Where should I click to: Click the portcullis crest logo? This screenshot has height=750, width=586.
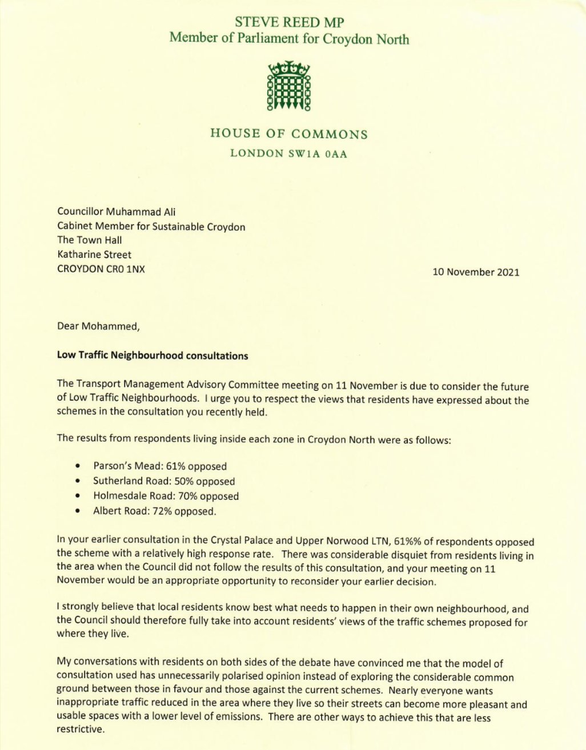click(x=289, y=86)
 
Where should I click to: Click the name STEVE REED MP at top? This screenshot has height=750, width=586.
click(x=290, y=23)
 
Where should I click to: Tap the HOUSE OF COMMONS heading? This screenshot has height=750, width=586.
click(x=289, y=134)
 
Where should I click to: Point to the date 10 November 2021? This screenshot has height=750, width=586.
click(x=476, y=272)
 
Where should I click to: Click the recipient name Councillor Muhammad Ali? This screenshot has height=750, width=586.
click(x=116, y=212)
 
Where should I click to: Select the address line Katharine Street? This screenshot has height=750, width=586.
click(x=94, y=255)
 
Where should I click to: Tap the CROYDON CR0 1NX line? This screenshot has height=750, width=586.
click(x=101, y=269)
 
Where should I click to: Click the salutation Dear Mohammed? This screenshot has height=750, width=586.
click(x=98, y=327)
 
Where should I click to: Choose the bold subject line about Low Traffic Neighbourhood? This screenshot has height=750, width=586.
click(x=152, y=356)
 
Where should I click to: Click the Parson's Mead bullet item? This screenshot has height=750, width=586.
click(x=160, y=466)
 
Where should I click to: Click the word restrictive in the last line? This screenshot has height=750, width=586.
click(x=80, y=730)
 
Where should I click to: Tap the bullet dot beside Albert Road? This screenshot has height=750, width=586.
click(x=77, y=511)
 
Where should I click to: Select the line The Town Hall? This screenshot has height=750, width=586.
click(x=90, y=240)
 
